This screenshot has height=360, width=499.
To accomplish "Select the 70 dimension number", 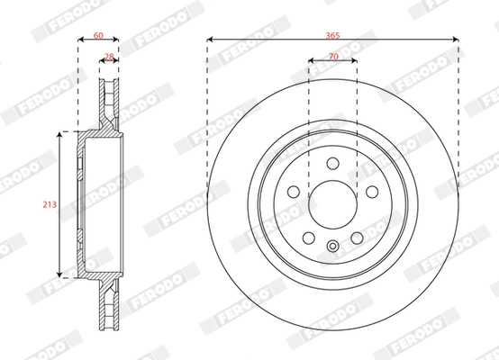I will click(333, 55).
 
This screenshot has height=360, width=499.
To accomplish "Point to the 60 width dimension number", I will click(99, 34).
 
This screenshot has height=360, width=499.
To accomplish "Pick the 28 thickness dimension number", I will click(109, 56).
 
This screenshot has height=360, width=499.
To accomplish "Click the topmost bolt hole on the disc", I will click(332, 163).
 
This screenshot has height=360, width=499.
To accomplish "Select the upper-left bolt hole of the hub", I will click(294, 191).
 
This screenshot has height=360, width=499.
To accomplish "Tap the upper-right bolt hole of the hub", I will click(371, 191).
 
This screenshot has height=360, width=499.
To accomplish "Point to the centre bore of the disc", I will click(332, 205).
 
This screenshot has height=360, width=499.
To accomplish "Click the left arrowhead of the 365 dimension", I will click(210, 39).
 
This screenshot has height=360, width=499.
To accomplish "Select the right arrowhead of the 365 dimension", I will click(458, 39).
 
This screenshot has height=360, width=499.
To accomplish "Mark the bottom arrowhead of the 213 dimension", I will click(61, 275).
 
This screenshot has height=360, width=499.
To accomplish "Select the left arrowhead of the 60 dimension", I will click(80, 40).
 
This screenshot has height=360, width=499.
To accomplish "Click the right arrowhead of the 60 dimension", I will click(118, 40).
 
